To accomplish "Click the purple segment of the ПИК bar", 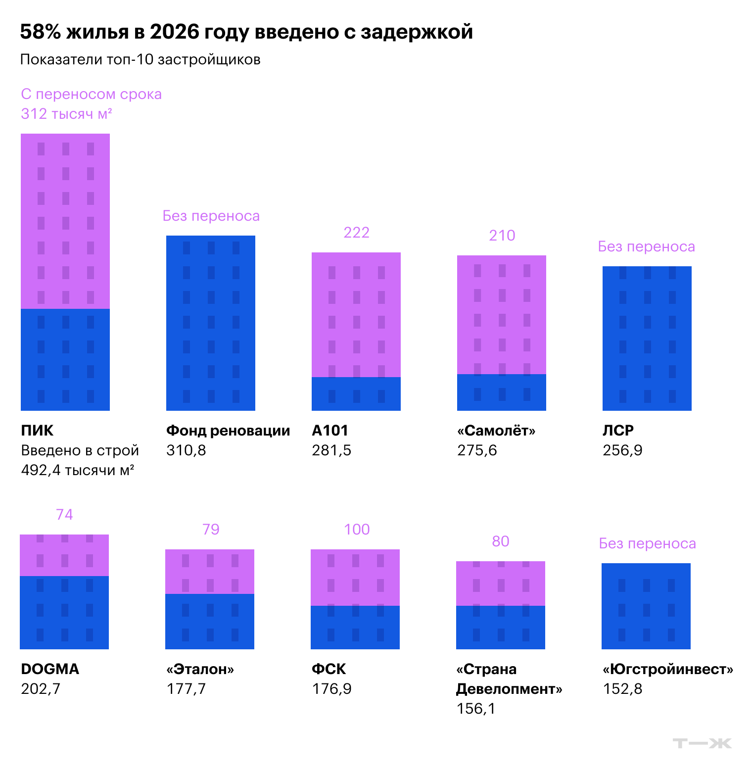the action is coord(65,221).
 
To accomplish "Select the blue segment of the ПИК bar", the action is coord(65,360).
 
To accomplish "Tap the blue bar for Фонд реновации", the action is coord(211,323).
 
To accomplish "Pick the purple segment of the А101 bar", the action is coord(356,315).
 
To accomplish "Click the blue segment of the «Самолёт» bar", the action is coord(502,392).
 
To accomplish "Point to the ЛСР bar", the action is coord(647,339).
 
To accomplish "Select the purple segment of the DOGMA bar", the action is coord(64,555).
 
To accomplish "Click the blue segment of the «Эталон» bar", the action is coord(210,622).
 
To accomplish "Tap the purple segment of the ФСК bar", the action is coord(355,578).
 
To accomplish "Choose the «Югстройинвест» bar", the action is coord(646,606).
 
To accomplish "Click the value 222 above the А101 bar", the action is coord(357,233).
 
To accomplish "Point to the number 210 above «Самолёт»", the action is coord(502,236).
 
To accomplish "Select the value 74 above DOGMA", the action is coord(64,515).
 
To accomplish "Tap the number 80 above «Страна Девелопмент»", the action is coord(501,541).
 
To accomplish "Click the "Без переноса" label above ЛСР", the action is coord(647,246).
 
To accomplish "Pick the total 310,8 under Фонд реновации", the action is coord(186,450).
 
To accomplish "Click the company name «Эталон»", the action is coord(200,669).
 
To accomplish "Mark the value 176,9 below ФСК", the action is coord(331,689).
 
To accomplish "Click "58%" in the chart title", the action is coord(41,32).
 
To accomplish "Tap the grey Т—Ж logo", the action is coord(703,743).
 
